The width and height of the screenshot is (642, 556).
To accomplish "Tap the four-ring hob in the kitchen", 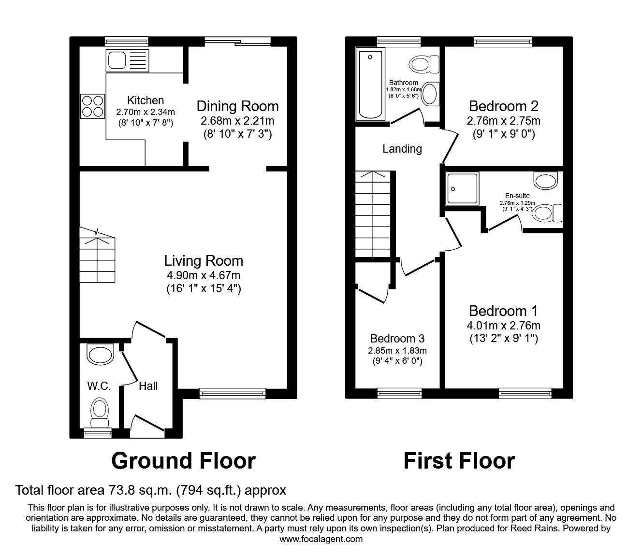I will (92, 106).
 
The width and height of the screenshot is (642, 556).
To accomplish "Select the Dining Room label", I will (237, 106).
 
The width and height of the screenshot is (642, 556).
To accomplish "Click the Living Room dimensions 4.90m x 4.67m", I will (204, 276).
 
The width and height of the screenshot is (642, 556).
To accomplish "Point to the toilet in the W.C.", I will (100, 412).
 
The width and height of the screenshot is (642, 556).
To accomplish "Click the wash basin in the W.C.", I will (100, 353).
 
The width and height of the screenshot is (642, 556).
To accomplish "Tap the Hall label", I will (148, 386).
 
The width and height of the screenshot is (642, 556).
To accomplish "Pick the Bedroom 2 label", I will (503, 106).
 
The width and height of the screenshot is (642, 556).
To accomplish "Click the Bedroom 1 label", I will (503, 311).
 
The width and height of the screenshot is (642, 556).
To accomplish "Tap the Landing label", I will (402, 149).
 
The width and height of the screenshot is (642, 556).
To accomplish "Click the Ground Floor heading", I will (183, 461).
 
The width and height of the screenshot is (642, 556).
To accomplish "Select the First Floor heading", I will (459, 461).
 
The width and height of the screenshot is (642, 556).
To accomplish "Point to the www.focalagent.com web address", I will (321, 539).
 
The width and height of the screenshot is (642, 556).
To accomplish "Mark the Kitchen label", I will (146, 100).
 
